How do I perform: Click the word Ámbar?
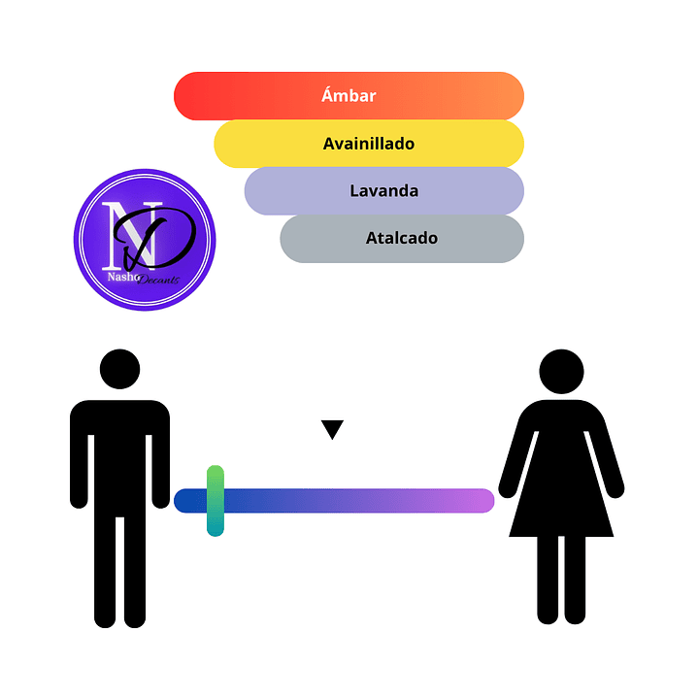point(349,96)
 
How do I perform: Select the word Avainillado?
point(369,144)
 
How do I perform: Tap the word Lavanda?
point(384,191)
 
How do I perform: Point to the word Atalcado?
point(402,238)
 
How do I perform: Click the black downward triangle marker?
point(333,429)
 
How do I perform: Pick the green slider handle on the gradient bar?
point(216,500)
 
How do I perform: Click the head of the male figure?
point(120,369)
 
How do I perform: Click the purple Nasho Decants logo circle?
point(145,240)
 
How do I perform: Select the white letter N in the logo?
point(120,233)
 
